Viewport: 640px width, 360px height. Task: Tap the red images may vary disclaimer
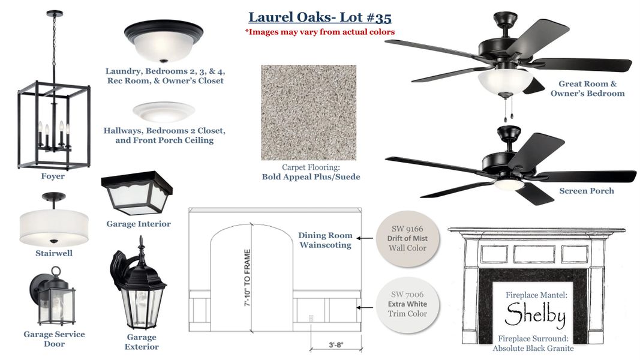point(320,32)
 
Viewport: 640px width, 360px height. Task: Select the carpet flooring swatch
point(308,112)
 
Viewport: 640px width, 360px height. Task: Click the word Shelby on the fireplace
point(535,315)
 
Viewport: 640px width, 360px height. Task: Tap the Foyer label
point(53,176)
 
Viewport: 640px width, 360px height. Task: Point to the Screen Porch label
point(586,191)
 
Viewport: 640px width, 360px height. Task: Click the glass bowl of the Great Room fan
point(505,80)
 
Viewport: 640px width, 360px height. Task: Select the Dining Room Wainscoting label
point(325,240)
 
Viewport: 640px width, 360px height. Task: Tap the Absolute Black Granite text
point(533,348)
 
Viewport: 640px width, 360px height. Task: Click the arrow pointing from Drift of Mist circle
point(366,239)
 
